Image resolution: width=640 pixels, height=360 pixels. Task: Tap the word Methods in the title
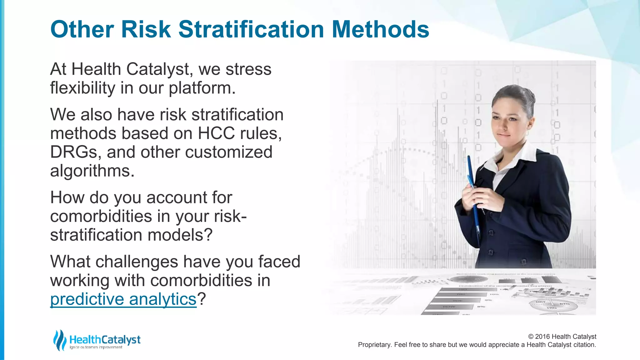click(x=380, y=29)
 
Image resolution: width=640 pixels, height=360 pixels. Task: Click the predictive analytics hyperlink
click(x=123, y=299)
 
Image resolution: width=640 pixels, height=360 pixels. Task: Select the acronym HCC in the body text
click(x=216, y=133)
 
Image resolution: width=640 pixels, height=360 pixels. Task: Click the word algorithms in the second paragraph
click(x=92, y=171)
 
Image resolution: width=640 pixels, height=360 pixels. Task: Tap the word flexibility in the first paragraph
click(x=82, y=88)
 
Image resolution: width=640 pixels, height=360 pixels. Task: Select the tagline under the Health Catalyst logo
click(x=96, y=347)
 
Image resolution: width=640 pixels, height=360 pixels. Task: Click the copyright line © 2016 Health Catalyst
click(x=562, y=337)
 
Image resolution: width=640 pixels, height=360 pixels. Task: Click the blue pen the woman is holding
click(x=474, y=200)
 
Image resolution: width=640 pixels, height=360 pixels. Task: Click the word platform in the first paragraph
click(x=202, y=88)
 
